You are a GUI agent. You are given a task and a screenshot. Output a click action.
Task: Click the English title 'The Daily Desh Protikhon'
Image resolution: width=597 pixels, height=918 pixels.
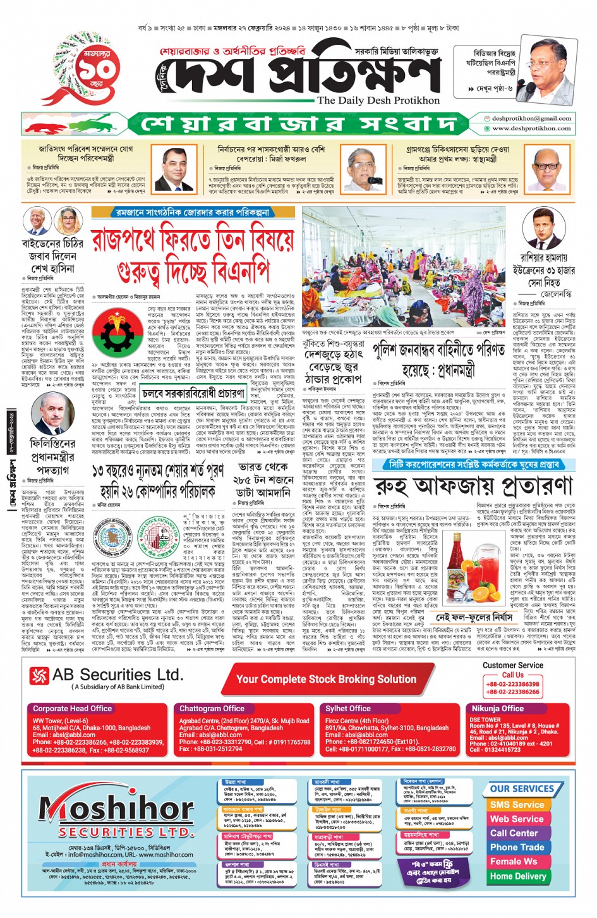(378, 101)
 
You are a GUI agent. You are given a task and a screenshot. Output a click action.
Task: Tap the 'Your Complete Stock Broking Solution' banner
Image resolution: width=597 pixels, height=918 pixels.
(326, 679)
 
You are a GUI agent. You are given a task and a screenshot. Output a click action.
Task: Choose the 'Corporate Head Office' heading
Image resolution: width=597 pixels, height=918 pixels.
(73, 709)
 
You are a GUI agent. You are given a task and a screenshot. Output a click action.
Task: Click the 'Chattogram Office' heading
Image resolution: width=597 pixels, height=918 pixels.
(212, 709)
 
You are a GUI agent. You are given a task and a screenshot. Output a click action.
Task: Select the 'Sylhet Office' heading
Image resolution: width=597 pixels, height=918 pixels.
(348, 709)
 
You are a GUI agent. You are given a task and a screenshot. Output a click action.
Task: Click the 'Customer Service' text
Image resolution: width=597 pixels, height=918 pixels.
(512, 665)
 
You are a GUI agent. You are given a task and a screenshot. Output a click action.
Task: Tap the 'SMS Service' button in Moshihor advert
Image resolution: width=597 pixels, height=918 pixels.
(517, 805)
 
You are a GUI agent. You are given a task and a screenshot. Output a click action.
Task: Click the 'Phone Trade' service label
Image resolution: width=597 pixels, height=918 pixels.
(517, 847)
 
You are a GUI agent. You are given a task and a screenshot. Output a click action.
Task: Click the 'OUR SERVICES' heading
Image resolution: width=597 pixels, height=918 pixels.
(521, 789)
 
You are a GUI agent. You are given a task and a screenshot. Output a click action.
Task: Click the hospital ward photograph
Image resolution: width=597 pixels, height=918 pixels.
(404, 268)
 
